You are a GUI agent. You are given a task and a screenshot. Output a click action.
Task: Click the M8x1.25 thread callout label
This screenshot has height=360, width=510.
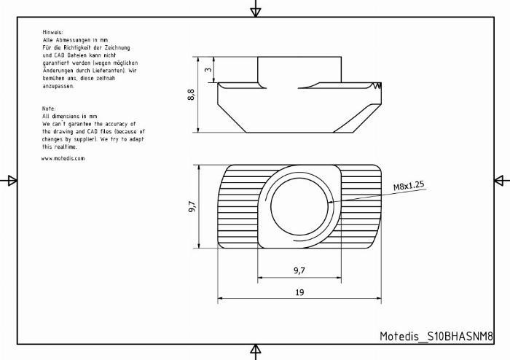(x=409, y=186)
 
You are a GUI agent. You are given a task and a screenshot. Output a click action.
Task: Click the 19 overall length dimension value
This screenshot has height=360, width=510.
(x=299, y=292)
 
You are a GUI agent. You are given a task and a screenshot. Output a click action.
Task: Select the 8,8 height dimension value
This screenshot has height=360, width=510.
(x=191, y=95)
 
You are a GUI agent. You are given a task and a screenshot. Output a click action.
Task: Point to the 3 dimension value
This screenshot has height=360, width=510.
(x=208, y=69)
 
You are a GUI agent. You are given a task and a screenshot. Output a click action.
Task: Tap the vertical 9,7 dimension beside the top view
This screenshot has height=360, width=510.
(x=192, y=206)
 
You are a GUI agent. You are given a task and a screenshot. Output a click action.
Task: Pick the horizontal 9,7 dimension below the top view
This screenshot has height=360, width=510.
(x=299, y=270)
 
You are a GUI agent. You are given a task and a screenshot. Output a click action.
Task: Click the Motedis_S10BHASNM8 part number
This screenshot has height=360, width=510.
(x=436, y=336)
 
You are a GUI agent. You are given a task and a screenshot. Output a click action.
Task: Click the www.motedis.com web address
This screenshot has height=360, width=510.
(x=63, y=159)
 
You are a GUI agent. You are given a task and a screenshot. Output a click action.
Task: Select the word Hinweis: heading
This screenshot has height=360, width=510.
(x=52, y=32)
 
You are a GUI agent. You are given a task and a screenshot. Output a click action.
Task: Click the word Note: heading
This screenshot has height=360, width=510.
(x=49, y=109)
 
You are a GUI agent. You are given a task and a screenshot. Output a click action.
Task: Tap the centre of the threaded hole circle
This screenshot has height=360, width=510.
(x=299, y=206)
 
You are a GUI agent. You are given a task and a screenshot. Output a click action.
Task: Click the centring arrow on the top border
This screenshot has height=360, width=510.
(x=256, y=10)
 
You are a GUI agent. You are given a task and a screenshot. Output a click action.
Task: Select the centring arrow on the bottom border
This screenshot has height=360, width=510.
(x=256, y=351)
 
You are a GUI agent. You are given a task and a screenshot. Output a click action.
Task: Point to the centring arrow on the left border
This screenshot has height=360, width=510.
(x=10, y=181)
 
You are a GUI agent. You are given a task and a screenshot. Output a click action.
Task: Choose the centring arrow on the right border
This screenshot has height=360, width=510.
(x=501, y=181)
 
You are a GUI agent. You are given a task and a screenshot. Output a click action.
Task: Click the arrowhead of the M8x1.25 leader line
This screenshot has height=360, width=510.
(x=331, y=202)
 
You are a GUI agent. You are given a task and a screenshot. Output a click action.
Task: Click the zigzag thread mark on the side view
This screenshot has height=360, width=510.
(x=377, y=85)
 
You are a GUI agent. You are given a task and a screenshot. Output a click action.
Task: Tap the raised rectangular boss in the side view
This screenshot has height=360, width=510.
(x=299, y=69)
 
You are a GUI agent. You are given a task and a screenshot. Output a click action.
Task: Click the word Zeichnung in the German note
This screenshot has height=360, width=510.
(x=117, y=48)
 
